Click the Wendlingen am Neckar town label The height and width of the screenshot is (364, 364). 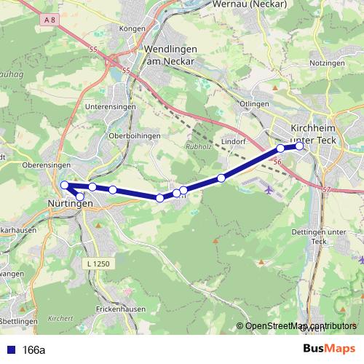point(170,56)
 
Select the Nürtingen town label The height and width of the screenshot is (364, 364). point(70,203)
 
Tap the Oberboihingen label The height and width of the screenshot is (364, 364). point(133,135)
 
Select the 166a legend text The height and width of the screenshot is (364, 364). point(34,349)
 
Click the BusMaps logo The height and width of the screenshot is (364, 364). point(329,349)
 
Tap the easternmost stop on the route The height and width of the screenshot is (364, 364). point(299,146)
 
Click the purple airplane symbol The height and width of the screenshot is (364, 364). point(270,191)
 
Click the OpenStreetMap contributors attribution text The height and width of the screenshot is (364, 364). point(300,326)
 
